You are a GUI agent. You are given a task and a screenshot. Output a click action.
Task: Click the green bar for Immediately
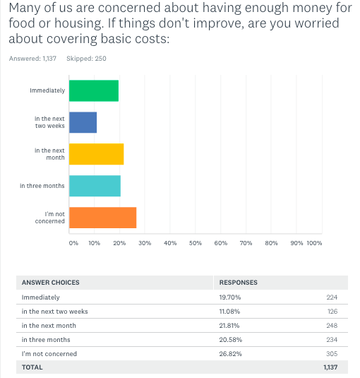[94, 90]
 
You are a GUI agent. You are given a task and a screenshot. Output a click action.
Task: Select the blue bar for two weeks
[83, 122]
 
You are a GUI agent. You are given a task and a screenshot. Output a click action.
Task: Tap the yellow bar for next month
[96, 154]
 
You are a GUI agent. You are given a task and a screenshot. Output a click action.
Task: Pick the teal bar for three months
[95, 186]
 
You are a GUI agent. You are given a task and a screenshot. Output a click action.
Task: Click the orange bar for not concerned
[102, 218]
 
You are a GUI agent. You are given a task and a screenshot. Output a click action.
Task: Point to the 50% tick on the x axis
[196, 243]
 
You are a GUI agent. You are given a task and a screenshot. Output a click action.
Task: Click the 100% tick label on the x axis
[314, 243]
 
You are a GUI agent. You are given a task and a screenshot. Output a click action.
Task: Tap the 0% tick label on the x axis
[73, 243]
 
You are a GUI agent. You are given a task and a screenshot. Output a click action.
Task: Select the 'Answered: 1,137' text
[32, 59]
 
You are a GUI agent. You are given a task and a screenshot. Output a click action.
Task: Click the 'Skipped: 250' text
[86, 59]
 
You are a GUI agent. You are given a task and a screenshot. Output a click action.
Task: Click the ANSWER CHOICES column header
[51, 283]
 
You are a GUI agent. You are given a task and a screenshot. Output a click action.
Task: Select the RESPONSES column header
[238, 283]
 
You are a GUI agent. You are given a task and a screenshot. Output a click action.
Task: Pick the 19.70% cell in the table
[230, 297]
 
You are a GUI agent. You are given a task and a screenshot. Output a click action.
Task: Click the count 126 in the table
[332, 312]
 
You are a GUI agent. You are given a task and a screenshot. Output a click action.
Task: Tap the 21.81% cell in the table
[229, 326]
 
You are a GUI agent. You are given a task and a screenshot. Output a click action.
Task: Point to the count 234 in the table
[332, 340]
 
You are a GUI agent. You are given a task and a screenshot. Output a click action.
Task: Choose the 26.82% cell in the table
[230, 354]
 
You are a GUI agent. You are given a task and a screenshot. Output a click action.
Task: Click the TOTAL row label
[32, 367]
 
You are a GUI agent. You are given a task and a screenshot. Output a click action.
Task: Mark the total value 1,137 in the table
[330, 367]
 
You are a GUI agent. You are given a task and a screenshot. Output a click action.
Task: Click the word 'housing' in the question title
[78, 23]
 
